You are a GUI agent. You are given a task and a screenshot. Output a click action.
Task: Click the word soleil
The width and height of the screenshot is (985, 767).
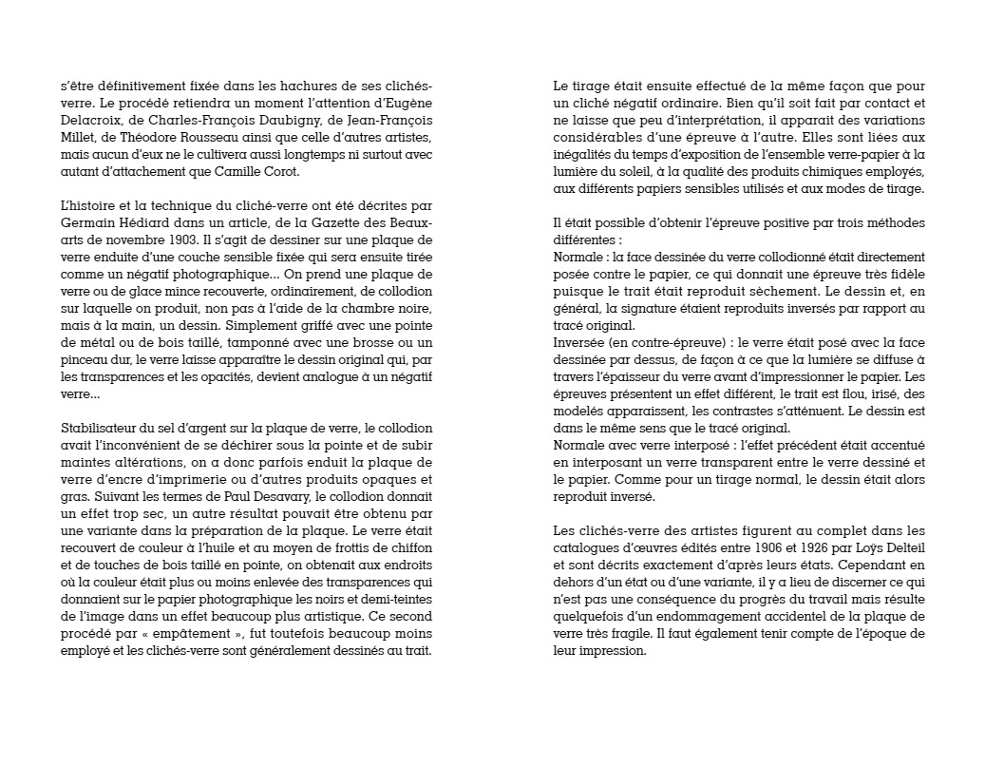(x=635, y=171)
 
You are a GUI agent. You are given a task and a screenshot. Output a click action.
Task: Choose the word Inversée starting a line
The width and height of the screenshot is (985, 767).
(x=581, y=342)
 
